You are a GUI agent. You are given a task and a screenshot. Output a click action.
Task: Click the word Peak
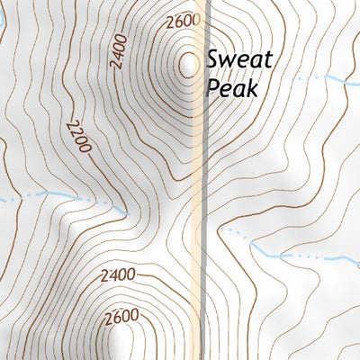(x=232, y=88)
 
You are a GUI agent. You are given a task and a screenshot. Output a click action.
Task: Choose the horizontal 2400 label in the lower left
(x=119, y=274)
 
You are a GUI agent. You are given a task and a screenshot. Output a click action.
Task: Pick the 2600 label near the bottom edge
(x=122, y=317)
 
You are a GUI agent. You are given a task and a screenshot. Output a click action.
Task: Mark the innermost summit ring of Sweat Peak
(x=189, y=64)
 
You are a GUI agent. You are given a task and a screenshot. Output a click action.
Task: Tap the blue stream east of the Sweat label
(x=324, y=79)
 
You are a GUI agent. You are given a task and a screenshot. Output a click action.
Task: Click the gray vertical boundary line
(x=208, y=180)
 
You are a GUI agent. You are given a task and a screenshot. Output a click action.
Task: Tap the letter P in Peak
(x=213, y=88)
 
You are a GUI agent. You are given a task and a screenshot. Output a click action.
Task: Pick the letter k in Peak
(x=253, y=87)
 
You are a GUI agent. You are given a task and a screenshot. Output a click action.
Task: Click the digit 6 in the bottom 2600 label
(x=117, y=317)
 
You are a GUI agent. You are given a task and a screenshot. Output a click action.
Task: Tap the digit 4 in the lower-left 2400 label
(x=113, y=274)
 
